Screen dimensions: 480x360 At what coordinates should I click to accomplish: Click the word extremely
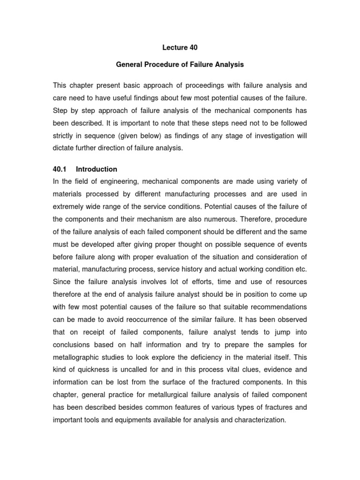pyautogui.click(x=69, y=206)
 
